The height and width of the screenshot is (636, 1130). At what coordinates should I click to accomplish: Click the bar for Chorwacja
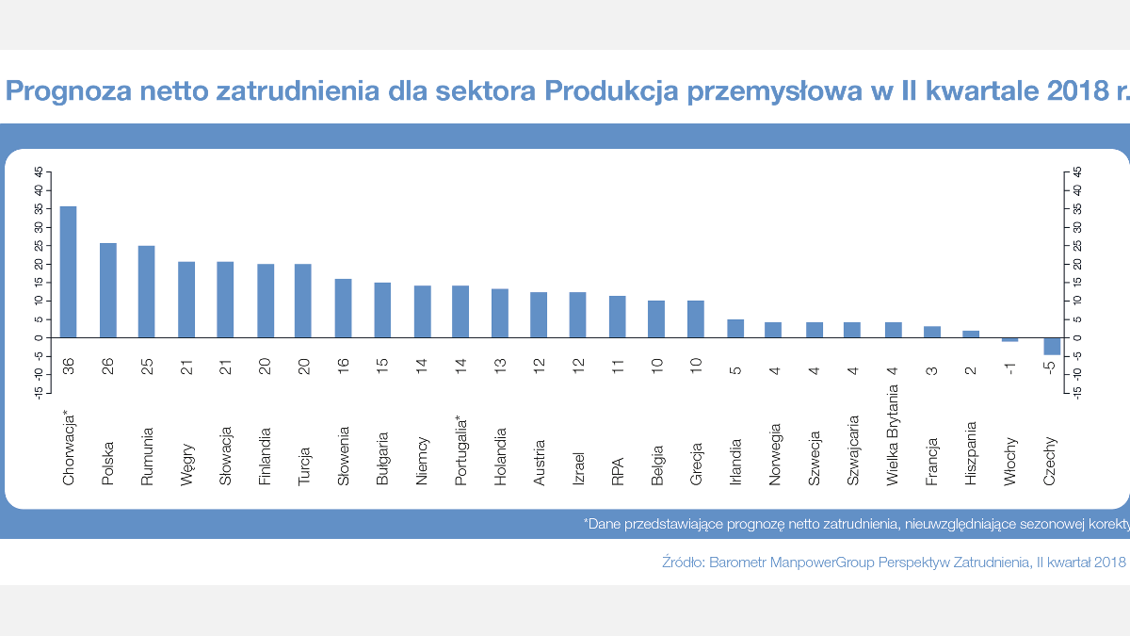click(69, 271)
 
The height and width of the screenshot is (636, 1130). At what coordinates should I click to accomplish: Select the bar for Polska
click(108, 290)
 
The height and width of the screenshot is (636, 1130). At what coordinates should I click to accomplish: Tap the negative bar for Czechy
click(1052, 346)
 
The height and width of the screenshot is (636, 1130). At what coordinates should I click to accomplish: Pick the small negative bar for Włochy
click(1010, 339)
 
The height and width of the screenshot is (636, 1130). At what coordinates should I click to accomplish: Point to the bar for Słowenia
click(344, 308)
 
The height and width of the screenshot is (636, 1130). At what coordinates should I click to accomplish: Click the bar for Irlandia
click(735, 328)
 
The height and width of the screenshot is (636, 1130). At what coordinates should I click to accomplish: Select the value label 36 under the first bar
click(69, 367)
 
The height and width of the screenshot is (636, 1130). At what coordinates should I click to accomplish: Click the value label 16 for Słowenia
click(344, 367)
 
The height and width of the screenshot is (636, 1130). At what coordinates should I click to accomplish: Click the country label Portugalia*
click(461, 450)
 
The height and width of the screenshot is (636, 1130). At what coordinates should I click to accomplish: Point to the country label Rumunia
click(147, 457)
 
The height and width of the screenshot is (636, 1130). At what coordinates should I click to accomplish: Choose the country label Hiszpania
click(972, 453)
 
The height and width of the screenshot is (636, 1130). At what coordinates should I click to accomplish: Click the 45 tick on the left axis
click(39, 171)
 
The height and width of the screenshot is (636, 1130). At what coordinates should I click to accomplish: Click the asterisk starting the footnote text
click(586, 521)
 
